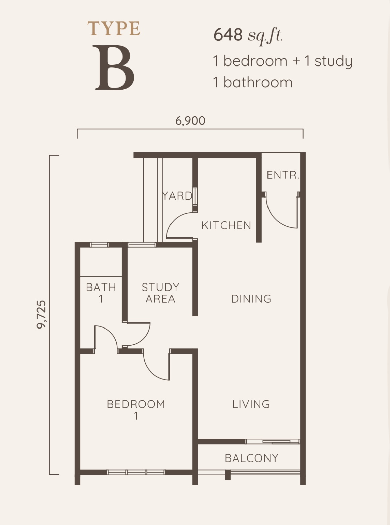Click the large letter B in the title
coord(114,68)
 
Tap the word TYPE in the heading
coord(114,29)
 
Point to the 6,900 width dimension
coord(190,121)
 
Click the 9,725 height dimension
coord(41,314)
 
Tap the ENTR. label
coord(283,175)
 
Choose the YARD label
coord(177,196)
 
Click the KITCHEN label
coord(226,225)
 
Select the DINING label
coord(251,299)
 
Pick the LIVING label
coord(251,404)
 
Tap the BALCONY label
coord(251,458)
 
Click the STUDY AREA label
coord(160,293)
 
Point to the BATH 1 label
coord(101,293)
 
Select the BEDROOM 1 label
coord(136,410)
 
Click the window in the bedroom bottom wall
coord(136,472)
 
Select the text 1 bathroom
coord(253,82)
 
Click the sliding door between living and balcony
coord(273,441)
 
